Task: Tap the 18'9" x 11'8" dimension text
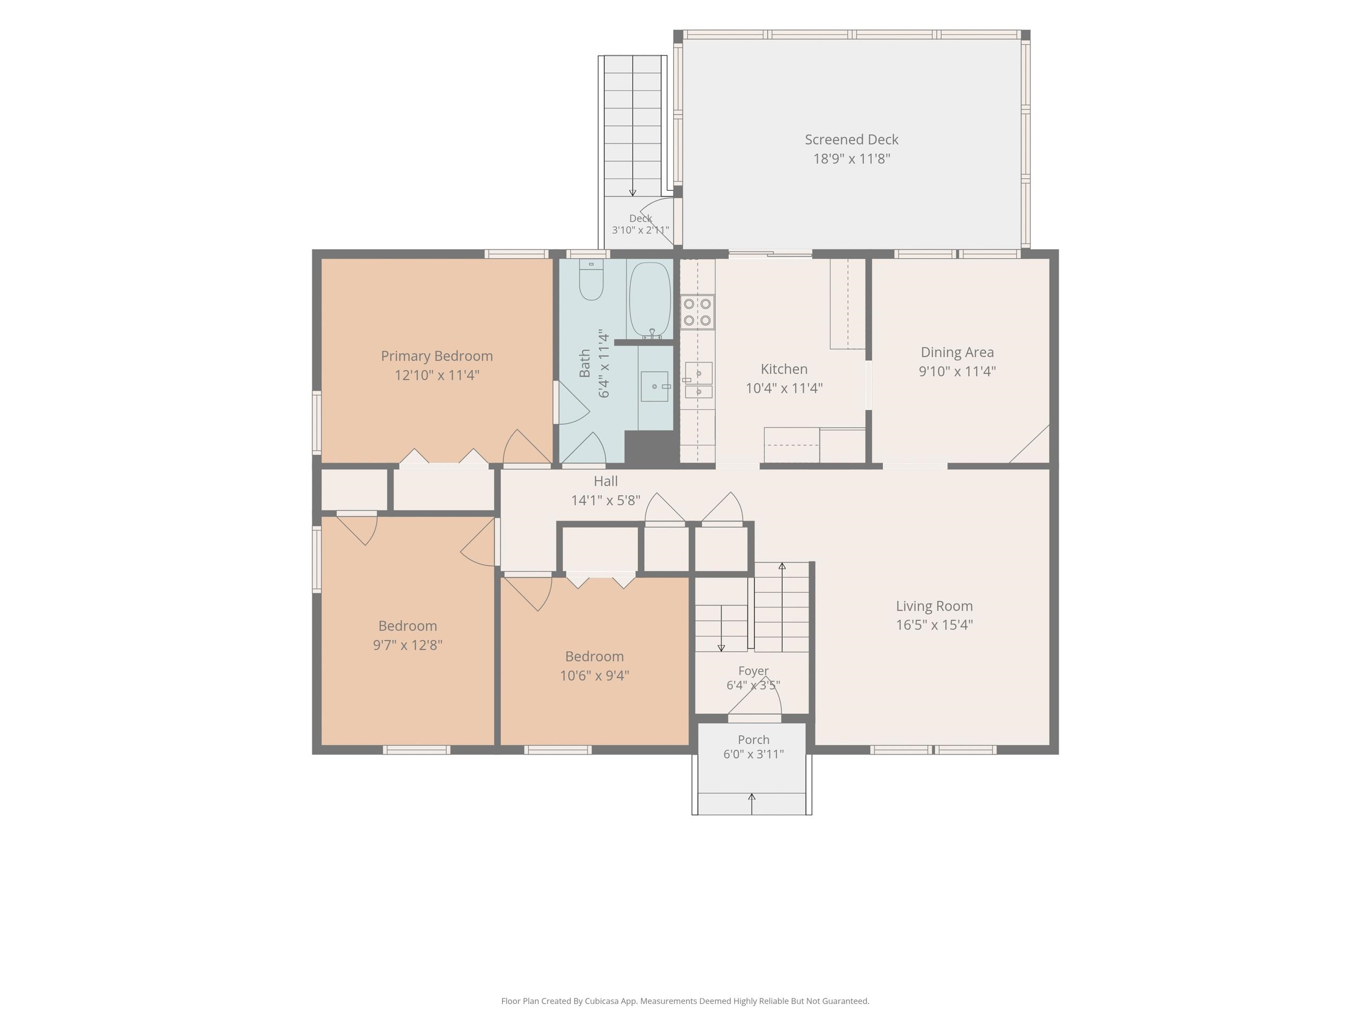point(852,159)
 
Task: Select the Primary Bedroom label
point(437,356)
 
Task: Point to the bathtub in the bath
point(650,300)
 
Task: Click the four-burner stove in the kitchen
point(697,312)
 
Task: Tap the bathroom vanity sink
point(654,386)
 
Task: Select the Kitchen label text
point(784,369)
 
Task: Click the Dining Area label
point(957,352)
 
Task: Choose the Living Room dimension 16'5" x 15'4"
point(934,624)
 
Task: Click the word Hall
point(606,481)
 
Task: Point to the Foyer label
point(753,671)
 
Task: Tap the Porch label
point(754,740)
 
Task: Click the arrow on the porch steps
point(752,803)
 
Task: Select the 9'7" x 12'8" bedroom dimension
point(407,645)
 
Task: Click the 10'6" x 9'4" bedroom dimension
point(594,675)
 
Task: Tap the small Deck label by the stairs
point(641,218)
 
